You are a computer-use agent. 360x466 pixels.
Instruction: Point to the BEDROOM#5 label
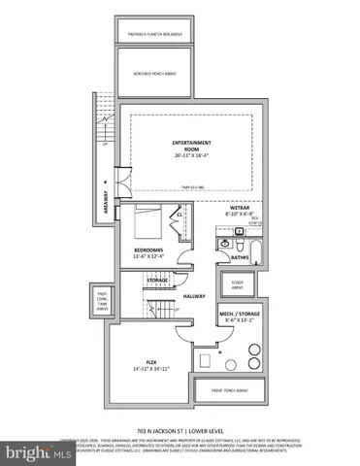(x=149, y=250)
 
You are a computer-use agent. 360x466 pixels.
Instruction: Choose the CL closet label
(x=180, y=215)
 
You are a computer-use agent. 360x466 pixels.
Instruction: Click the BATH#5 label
(x=239, y=256)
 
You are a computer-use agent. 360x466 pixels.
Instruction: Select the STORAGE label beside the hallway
(x=158, y=281)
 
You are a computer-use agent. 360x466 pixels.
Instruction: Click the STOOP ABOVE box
(x=238, y=283)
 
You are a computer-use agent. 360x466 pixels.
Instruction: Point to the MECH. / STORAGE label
(x=238, y=316)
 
